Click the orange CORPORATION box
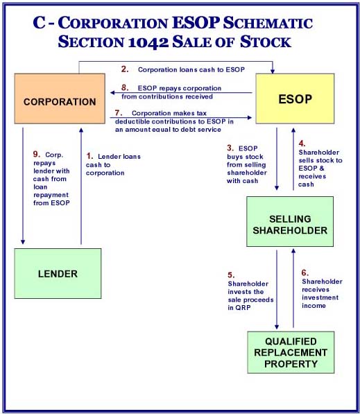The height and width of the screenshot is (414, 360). coord(60,98)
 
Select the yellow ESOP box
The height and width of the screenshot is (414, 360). coord(295,98)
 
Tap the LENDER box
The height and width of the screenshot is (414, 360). coord(58,273)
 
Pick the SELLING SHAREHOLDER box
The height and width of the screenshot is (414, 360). coord(290,221)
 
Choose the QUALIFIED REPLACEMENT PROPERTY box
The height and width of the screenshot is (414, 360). coord(291,352)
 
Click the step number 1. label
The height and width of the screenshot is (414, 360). coord(90,156)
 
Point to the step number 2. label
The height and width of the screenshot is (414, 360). coord(125,69)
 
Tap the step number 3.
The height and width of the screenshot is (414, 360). coord(230,148)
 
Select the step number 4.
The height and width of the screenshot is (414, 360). coord(302,144)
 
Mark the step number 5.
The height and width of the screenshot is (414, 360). coord(232,275)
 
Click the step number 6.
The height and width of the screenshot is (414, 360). coord(305,273)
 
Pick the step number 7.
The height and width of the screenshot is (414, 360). coord(119,113)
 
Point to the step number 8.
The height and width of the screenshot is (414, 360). coord(125,87)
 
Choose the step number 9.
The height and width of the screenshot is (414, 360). coord(37,154)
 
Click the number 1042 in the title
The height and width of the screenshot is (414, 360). coord(148,42)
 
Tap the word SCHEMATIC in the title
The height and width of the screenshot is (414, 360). coord(268,23)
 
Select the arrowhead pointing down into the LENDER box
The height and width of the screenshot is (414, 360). coord(23,241)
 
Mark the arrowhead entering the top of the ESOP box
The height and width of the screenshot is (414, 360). coord(273,71)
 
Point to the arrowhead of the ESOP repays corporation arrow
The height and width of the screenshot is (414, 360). coord(112,93)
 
